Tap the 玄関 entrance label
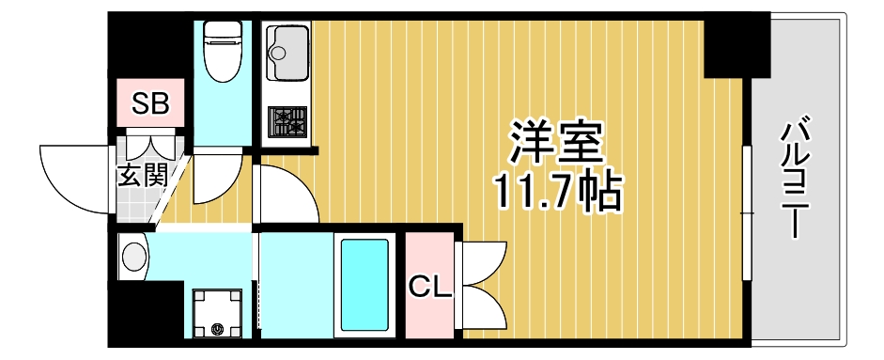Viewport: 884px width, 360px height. coord(142,175)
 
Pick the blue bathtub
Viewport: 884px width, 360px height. coord(364,286)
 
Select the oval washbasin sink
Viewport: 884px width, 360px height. coord(133,255)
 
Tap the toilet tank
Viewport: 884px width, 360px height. coord(223,30)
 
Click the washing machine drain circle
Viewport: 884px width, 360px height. coord(219,328)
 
